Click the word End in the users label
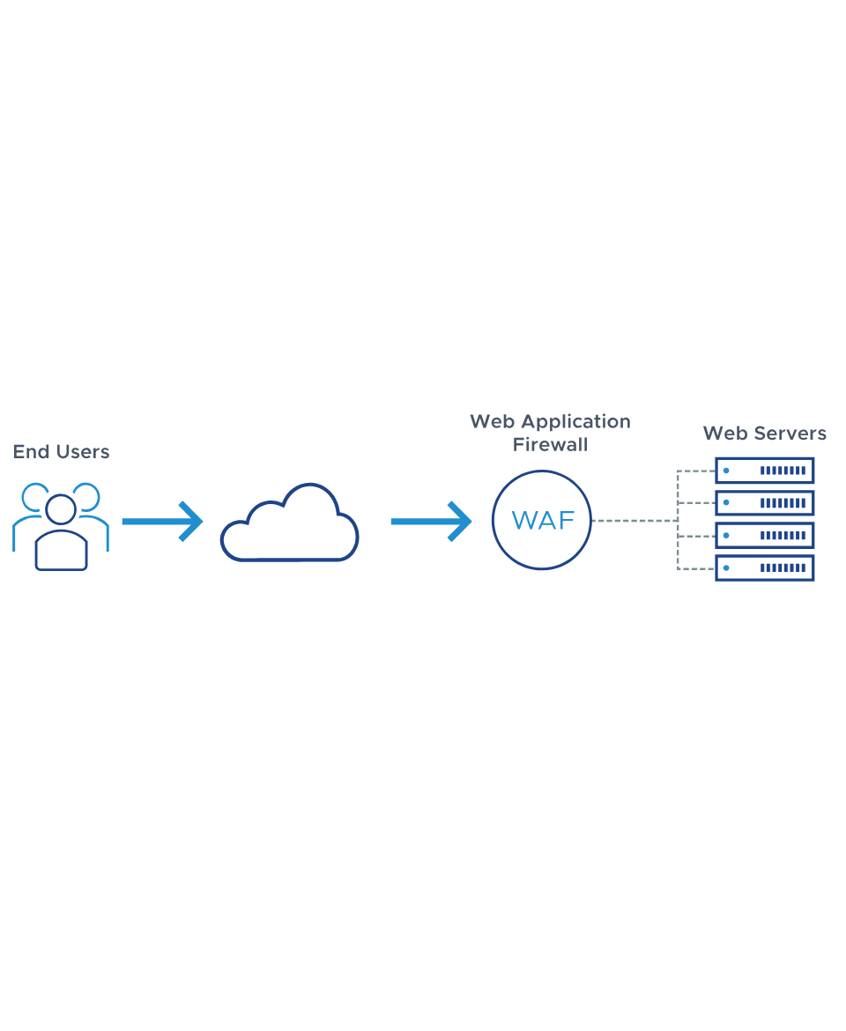pos(28,452)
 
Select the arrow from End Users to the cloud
pos(162,522)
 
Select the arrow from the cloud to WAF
pos(431,522)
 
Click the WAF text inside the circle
pos(543,521)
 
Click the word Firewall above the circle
pos(550,445)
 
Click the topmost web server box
pos(764,471)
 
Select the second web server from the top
pos(764,503)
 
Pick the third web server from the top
pos(764,536)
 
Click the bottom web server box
pos(764,568)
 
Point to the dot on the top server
pos(727,471)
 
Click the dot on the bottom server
pos(727,568)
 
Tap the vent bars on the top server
pos(783,471)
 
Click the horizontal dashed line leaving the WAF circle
pos(634,521)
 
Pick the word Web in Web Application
pos(491,422)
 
